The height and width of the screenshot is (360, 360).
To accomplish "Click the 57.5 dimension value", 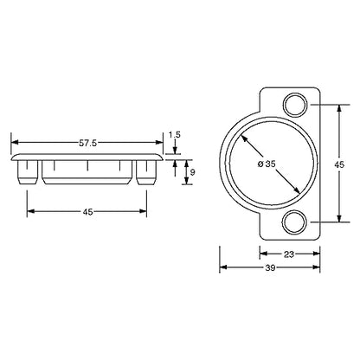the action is click(x=87, y=143).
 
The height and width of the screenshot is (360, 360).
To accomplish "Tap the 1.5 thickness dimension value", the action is click(x=175, y=135).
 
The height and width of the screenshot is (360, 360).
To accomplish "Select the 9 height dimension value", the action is click(x=193, y=172).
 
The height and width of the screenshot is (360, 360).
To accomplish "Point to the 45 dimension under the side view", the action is click(x=87, y=212).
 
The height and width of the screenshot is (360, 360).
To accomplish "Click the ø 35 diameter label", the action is click(x=266, y=164).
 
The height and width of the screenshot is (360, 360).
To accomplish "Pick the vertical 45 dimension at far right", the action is click(x=339, y=164).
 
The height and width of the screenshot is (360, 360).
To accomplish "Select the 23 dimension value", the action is click(x=289, y=254).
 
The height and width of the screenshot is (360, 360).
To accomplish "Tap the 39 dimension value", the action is click(x=270, y=267).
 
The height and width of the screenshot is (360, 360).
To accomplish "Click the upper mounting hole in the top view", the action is click(x=295, y=105).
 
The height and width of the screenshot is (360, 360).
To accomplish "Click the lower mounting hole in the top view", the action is click(x=295, y=222).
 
